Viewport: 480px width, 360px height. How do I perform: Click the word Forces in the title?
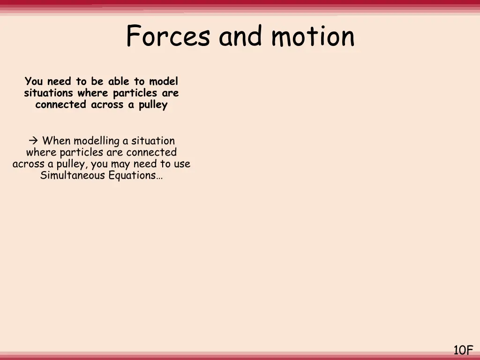pos(168,37)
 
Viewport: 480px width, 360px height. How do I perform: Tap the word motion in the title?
pos(313,37)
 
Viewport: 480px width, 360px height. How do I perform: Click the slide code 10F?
pos(463,350)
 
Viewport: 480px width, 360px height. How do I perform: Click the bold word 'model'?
pos(164,81)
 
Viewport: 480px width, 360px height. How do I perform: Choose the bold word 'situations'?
pos(48,93)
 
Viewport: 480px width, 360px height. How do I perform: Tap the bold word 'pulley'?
pos(153,105)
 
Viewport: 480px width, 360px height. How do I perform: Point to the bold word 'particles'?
pos(135,93)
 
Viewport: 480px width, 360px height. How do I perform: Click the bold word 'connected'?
pos(61,105)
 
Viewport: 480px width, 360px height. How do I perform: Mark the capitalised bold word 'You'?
pos(34,81)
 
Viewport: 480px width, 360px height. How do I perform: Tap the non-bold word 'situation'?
pos(153,141)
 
